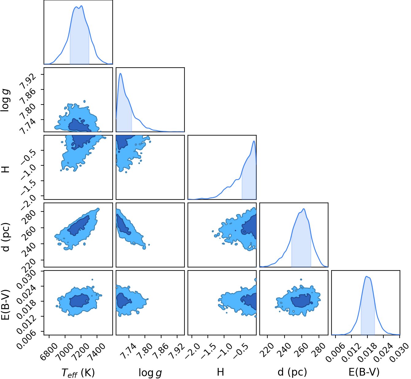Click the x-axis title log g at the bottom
[x=150, y=373]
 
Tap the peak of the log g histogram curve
[x=120, y=73]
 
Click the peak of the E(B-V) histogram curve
[x=366, y=276]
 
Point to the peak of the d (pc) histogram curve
[x=304, y=209]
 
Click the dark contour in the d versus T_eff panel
[x=79, y=225]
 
